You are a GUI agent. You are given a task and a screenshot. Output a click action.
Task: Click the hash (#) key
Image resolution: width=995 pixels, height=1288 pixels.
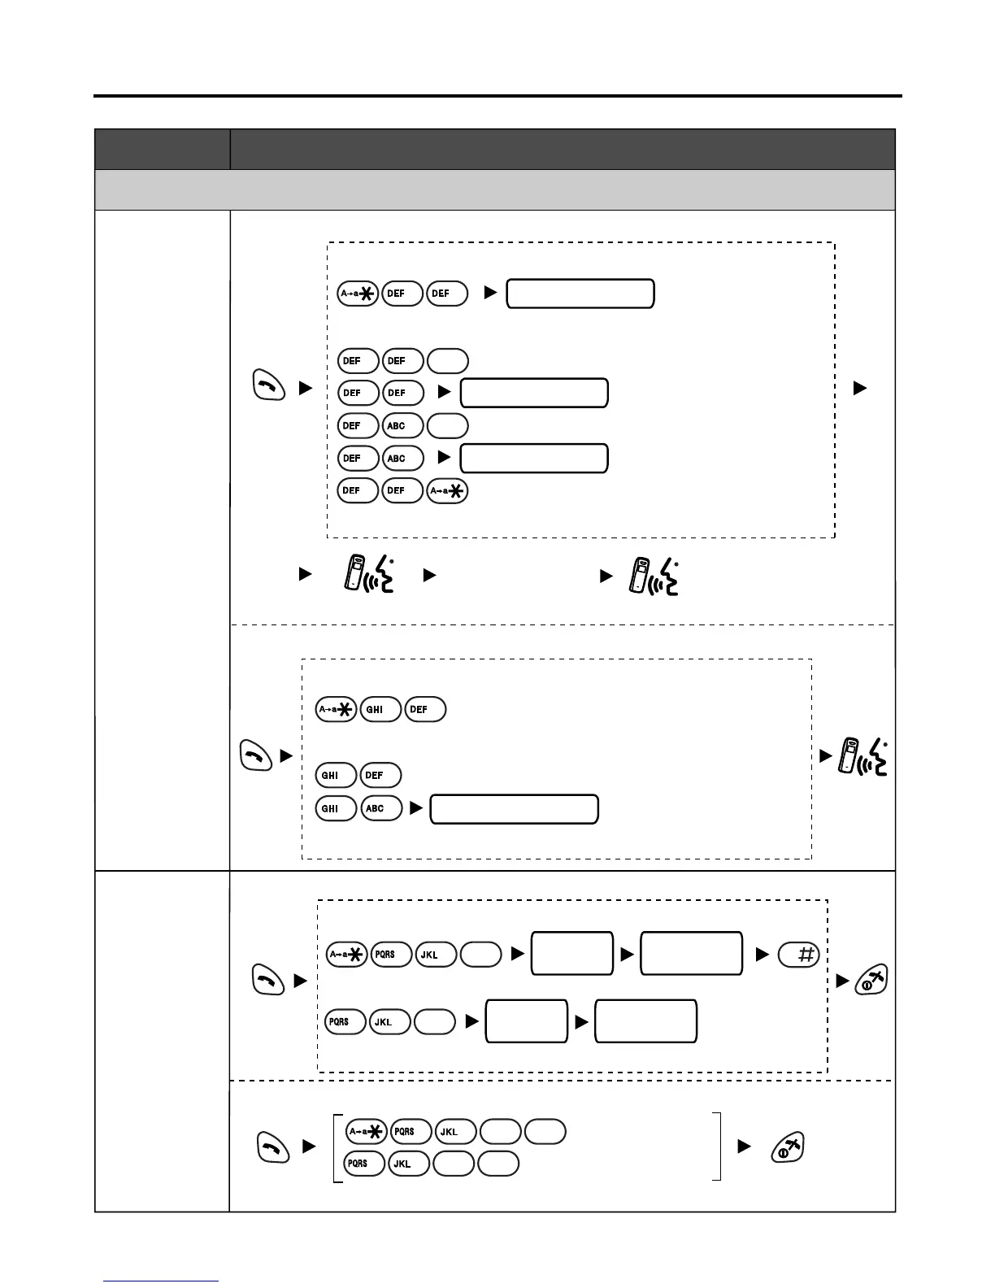pos(798,955)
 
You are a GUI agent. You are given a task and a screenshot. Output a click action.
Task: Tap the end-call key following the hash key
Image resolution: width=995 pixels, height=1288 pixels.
pos(871,981)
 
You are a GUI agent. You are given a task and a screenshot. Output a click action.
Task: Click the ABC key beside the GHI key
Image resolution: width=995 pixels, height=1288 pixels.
pos(382,808)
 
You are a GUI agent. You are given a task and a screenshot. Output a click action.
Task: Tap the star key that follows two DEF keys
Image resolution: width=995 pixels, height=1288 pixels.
pos(447,490)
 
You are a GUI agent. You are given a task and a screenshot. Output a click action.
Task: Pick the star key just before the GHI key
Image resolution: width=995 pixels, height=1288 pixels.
pos(336,709)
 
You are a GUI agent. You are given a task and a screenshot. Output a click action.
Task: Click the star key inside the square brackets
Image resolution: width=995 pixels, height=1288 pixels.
pos(367,1131)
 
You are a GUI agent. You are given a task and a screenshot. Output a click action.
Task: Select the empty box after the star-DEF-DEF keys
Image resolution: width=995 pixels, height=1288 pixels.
pos(580,294)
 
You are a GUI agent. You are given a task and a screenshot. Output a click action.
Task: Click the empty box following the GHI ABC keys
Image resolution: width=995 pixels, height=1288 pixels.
pos(514,809)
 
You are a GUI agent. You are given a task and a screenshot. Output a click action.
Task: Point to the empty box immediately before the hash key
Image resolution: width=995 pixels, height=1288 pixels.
pos(691,954)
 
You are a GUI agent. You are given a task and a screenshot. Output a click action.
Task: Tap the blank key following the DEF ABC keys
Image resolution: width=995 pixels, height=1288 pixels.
pos(447,425)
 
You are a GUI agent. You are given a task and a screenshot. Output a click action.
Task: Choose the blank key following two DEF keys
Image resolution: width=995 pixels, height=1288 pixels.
pos(447,360)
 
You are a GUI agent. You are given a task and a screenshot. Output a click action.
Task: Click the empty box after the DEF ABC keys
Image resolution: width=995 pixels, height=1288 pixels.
pos(533,458)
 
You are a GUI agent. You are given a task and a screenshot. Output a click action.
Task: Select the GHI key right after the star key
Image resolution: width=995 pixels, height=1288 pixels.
pos(380,709)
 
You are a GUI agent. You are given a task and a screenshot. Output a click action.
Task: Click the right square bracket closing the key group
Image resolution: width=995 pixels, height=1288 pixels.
pos(717,1147)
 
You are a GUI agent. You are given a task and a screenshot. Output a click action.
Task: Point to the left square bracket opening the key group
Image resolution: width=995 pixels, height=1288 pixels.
pos(337,1147)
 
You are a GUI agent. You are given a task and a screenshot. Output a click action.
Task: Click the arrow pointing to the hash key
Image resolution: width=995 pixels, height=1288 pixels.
pos(762,955)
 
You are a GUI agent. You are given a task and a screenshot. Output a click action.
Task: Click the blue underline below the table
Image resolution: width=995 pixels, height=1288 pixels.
pos(160,1281)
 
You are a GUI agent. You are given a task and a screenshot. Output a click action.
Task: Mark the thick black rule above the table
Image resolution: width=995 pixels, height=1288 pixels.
pos(497,96)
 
